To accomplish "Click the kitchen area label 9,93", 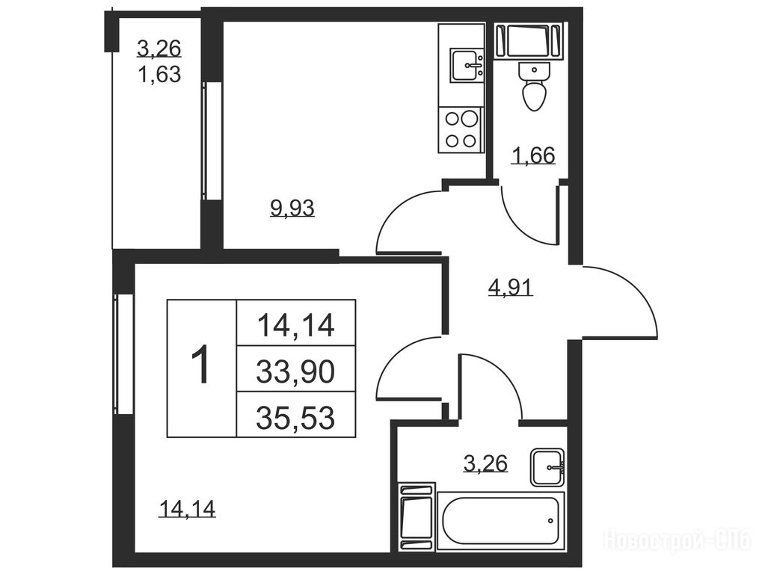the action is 292,209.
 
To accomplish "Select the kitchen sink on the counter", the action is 467,65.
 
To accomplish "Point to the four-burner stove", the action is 461,129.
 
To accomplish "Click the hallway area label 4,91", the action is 510,287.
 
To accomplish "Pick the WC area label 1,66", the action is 532,155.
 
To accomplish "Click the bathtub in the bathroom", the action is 501,521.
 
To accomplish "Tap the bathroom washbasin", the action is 547,467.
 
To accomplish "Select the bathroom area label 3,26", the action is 485,463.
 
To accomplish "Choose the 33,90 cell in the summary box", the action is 295,369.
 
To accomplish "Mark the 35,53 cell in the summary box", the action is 295,415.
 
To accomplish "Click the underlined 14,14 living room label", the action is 187,509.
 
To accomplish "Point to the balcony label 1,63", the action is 159,74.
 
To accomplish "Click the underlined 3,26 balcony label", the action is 159,49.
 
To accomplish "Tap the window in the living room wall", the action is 124,354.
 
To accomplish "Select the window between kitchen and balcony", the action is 212,141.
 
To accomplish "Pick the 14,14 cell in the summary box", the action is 295,324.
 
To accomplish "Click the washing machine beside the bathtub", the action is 416,516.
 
